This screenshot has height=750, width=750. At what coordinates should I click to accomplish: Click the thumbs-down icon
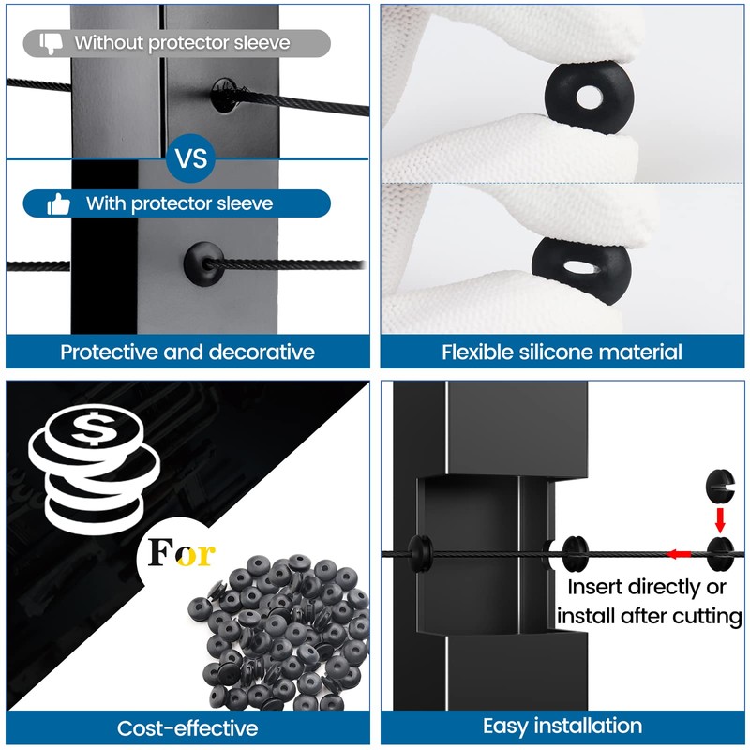click(x=51, y=42)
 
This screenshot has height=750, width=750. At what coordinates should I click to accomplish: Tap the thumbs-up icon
click(x=58, y=203)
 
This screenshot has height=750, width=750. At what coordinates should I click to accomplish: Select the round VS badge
click(x=191, y=158)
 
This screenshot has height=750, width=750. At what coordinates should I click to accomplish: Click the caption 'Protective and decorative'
click(x=187, y=352)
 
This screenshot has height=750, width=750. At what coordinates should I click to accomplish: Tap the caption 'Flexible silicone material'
click(x=562, y=352)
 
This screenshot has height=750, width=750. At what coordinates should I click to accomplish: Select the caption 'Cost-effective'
click(x=187, y=727)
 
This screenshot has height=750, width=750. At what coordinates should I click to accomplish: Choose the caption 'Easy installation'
click(x=562, y=726)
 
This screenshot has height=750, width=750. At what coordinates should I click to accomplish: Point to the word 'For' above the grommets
click(x=182, y=553)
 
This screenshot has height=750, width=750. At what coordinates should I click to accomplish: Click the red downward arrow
click(x=720, y=518)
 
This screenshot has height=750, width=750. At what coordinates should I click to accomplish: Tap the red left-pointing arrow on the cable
click(x=678, y=554)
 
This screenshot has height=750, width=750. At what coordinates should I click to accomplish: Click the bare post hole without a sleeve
click(x=226, y=95)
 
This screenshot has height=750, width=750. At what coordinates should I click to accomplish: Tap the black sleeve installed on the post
click(x=203, y=262)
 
